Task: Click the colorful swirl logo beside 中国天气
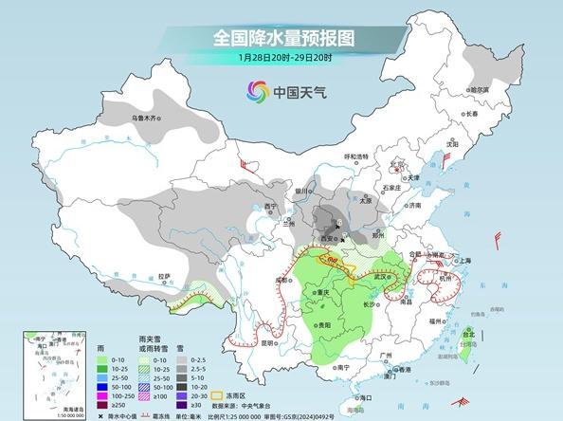coord(257,91)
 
